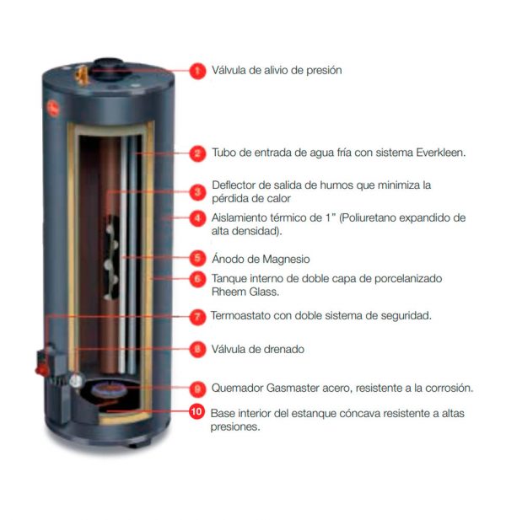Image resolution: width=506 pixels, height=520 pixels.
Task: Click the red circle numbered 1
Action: (x=197, y=71)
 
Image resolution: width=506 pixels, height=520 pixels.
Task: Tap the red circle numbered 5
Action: (x=197, y=258)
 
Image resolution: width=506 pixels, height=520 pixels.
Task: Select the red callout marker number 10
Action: (x=196, y=411)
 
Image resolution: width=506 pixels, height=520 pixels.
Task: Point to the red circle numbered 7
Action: (x=197, y=316)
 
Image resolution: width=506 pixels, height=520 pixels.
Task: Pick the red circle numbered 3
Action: (x=197, y=192)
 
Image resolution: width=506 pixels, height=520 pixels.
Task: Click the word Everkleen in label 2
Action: (x=441, y=153)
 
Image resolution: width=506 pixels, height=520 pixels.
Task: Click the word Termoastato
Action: (x=240, y=315)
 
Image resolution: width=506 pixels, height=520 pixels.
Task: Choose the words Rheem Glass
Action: (x=245, y=292)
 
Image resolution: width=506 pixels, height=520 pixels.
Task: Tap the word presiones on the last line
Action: (x=235, y=426)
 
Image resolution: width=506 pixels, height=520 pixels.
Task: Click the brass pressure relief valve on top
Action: (x=81, y=75)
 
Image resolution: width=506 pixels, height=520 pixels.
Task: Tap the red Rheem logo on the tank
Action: (x=53, y=108)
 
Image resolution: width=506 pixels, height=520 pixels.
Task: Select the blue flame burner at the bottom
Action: (x=110, y=389)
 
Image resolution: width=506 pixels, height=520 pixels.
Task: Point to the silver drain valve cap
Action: (x=76, y=380)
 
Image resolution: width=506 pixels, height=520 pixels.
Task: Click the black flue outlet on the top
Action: (x=108, y=68)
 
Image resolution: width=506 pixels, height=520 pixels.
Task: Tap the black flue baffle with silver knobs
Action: (x=111, y=257)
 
